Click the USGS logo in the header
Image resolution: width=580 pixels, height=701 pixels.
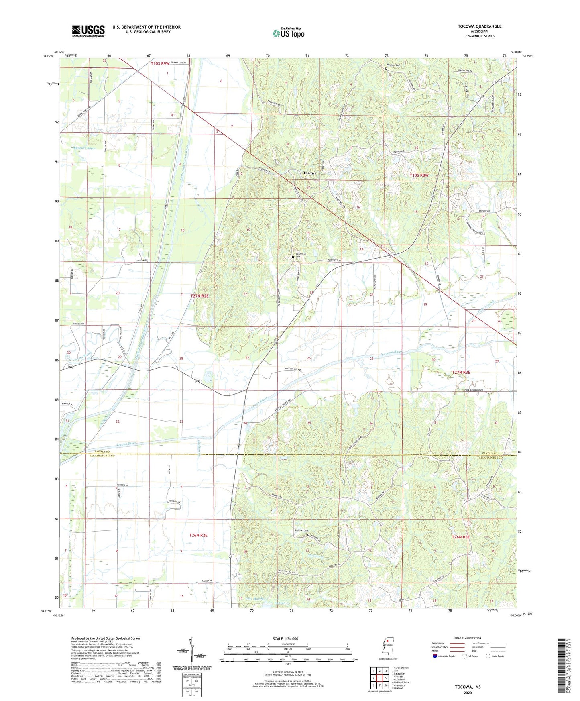click(88, 31)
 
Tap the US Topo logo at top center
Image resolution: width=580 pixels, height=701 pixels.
click(288, 33)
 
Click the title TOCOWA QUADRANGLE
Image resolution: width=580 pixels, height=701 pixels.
click(479, 26)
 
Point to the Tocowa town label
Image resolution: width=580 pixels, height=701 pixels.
click(309, 173)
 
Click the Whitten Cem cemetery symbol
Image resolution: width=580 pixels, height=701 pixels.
click(386, 69)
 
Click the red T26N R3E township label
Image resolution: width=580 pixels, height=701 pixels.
click(460, 537)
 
